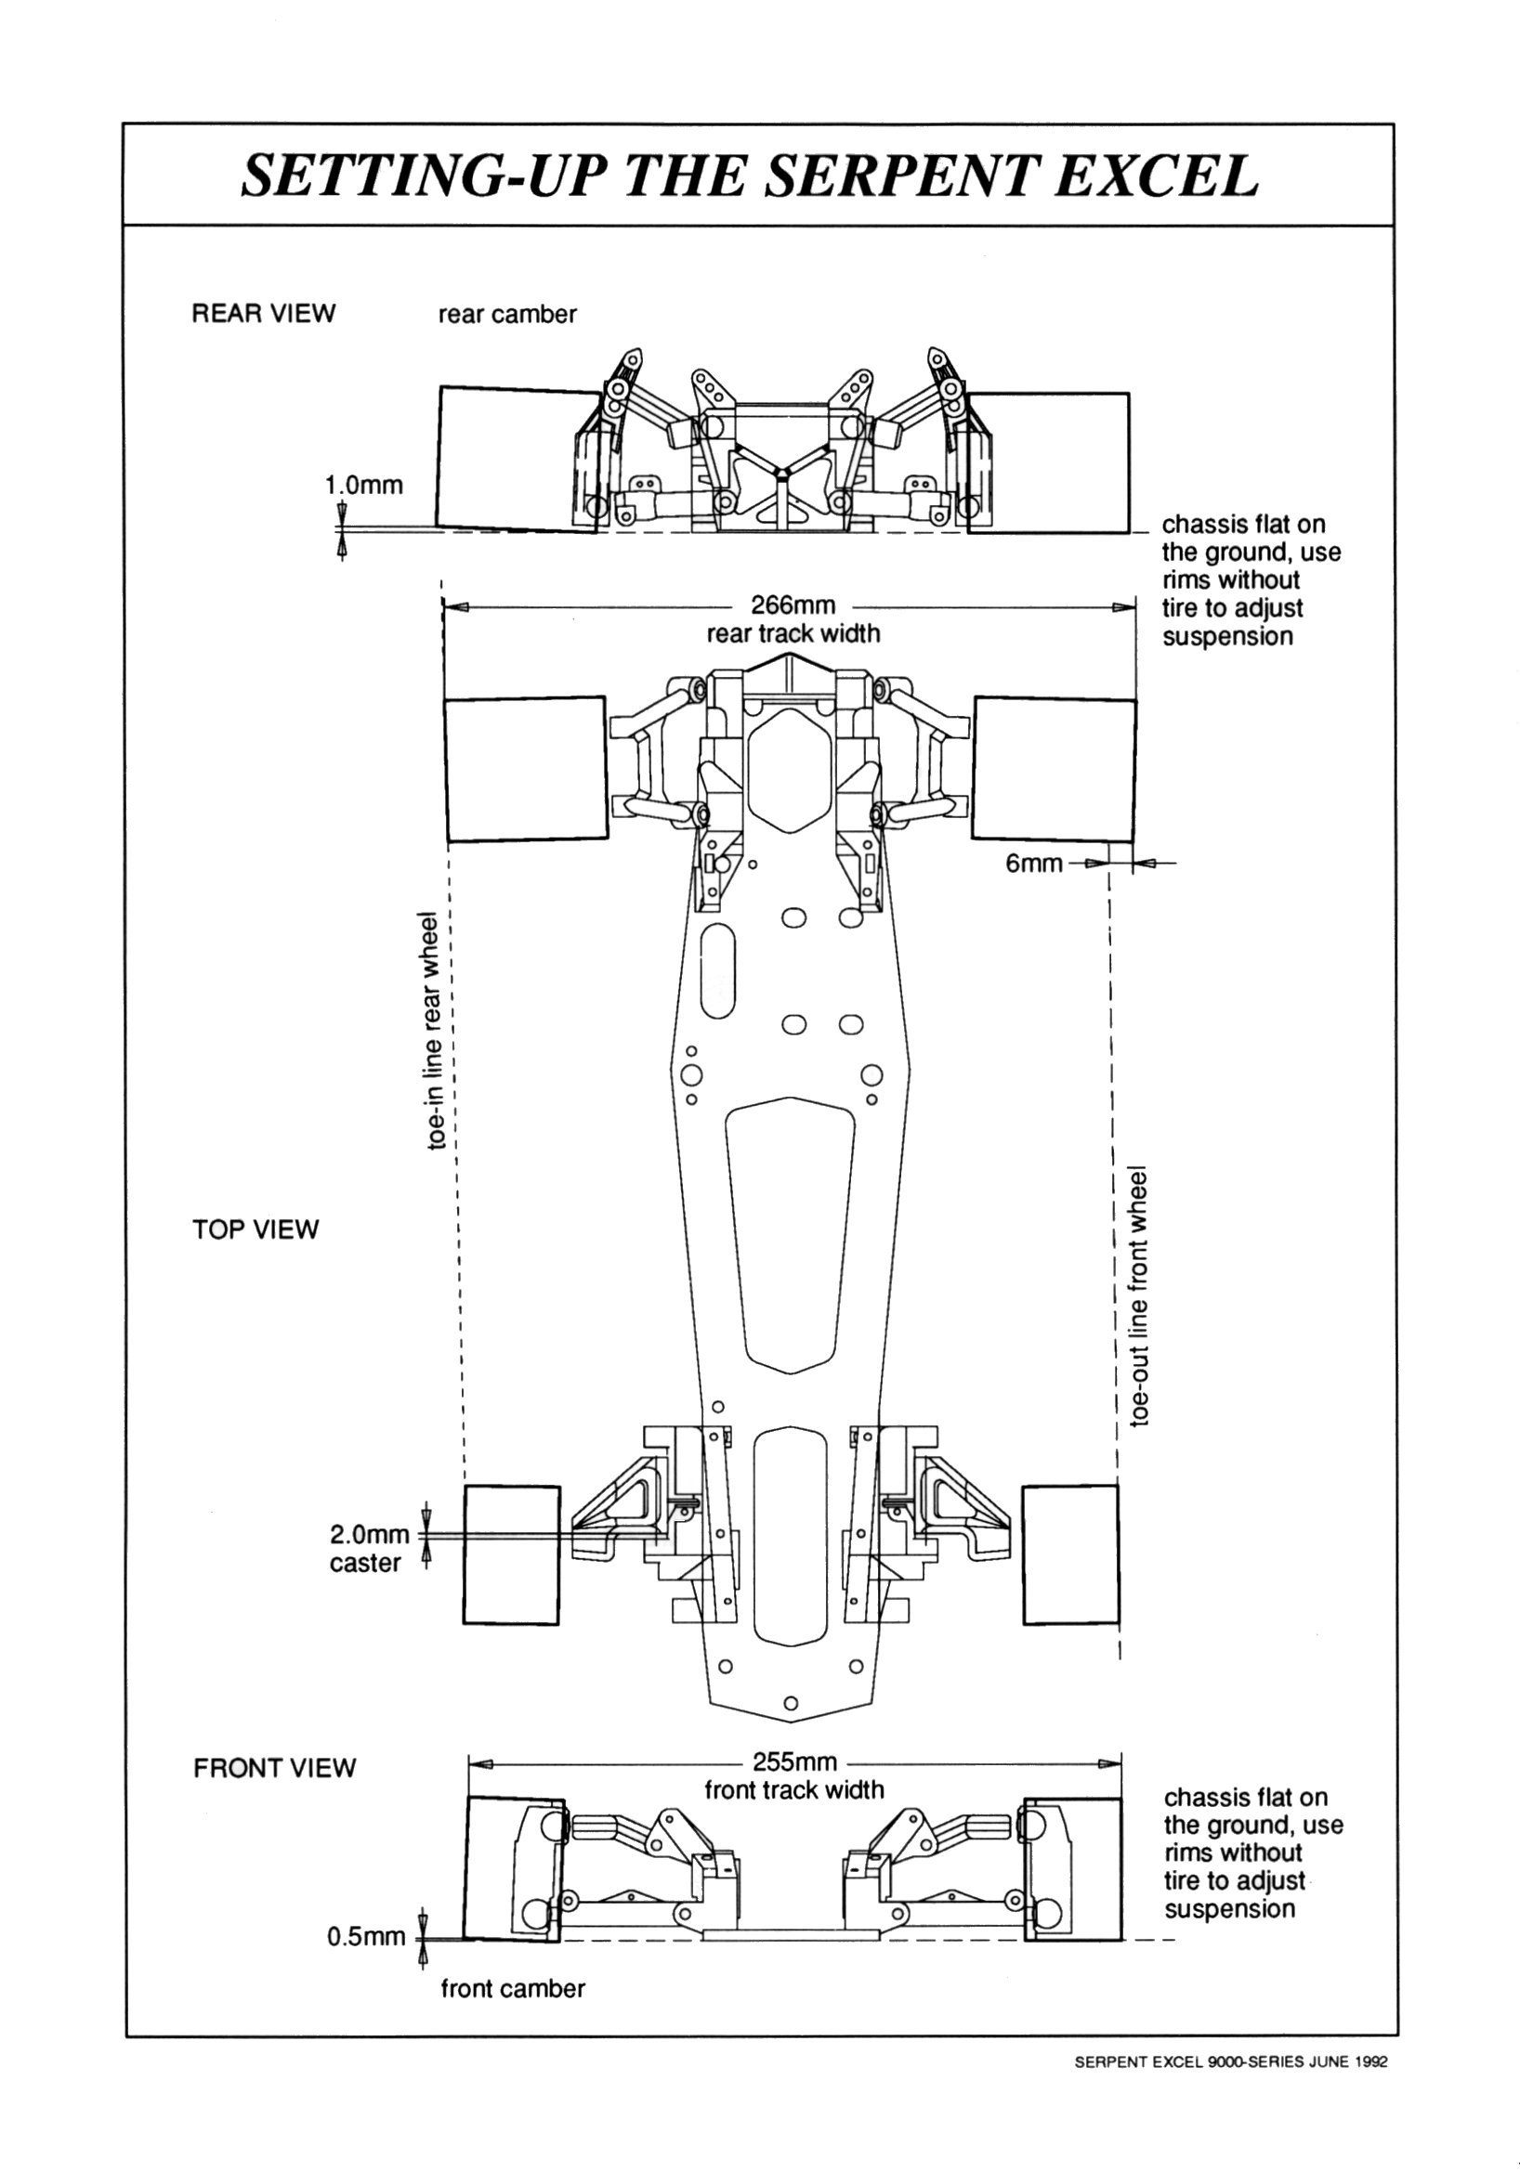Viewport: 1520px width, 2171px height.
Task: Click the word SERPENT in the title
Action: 898,175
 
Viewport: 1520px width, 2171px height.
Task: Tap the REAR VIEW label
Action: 264,314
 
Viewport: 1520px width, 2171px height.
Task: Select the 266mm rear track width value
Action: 793,605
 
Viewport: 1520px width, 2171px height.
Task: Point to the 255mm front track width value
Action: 794,1762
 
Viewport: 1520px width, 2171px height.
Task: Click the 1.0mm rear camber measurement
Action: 364,485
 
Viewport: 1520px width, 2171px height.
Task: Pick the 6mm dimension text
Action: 1034,864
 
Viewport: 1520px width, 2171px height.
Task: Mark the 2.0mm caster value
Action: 370,1535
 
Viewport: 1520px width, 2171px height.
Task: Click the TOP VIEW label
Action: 256,1229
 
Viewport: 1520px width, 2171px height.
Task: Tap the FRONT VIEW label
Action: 274,1768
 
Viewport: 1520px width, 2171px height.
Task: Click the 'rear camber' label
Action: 507,314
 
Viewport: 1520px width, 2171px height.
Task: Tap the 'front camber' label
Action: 514,1988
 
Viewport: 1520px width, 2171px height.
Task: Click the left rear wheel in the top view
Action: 526,769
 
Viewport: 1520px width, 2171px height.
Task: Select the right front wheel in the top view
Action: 1070,1555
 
